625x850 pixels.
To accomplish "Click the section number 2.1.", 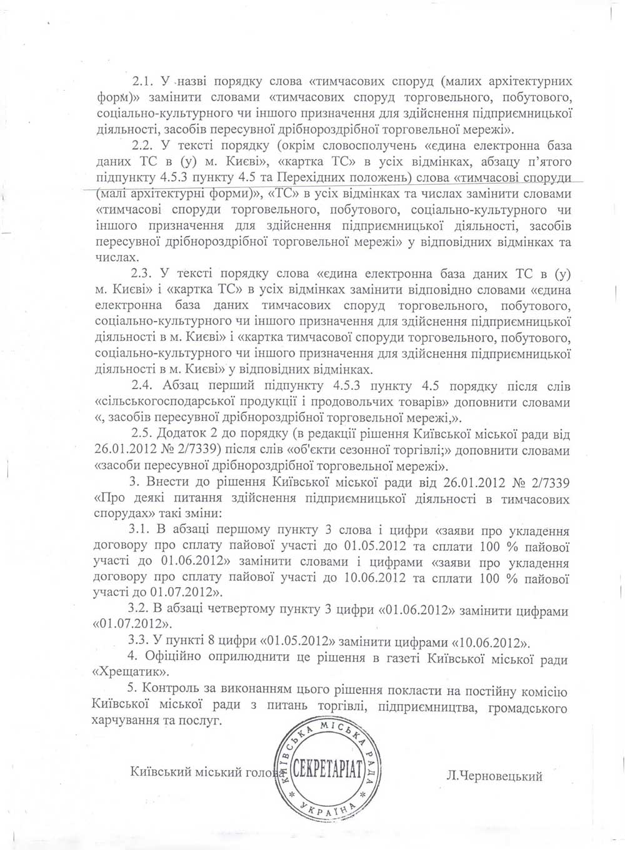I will point(144,82).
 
